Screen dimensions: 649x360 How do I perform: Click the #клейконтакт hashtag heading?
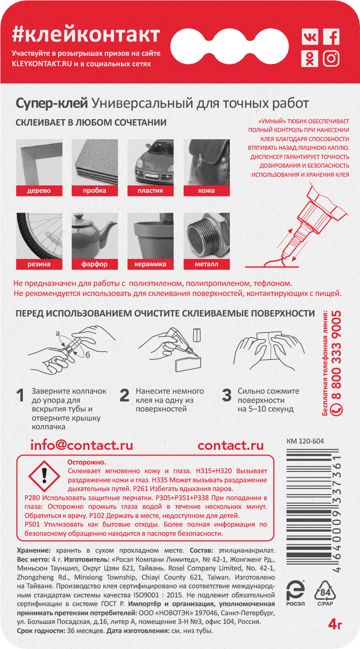[x=86, y=35]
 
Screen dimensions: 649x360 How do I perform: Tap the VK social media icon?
[x=310, y=37]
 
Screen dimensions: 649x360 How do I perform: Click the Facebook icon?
[x=331, y=37]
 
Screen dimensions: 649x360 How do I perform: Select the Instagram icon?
[x=331, y=58]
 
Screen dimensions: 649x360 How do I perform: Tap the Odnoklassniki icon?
[x=310, y=58]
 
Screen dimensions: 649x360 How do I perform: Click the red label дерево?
[x=39, y=191]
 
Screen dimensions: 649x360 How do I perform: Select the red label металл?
[x=206, y=264]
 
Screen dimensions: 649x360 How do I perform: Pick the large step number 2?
[x=124, y=396]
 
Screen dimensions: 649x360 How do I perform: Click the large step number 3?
[x=226, y=396]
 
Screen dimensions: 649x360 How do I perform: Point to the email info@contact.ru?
[x=82, y=445]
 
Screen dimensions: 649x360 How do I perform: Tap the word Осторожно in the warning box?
[x=87, y=462]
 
